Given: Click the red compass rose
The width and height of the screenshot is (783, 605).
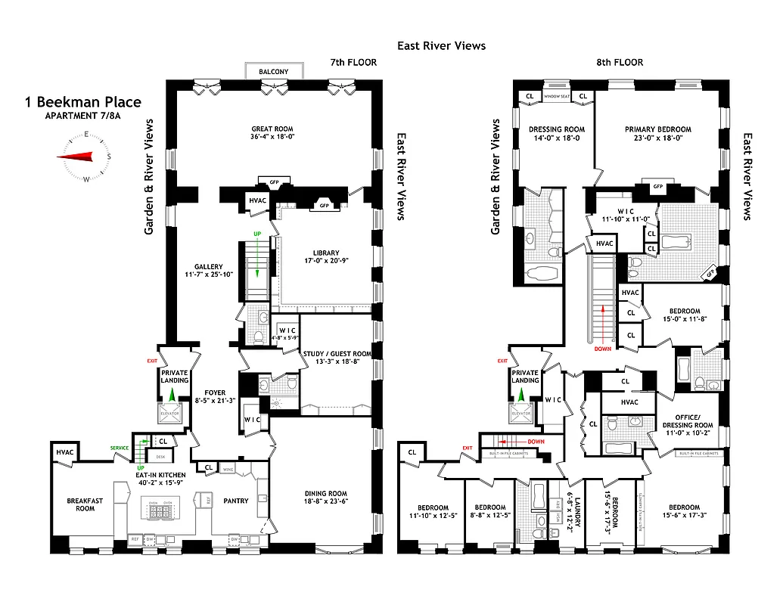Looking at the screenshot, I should (x=84, y=157).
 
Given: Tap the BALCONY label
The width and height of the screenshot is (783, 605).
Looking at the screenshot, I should (x=273, y=72).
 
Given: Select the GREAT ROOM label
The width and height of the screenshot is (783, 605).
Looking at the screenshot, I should (x=273, y=129).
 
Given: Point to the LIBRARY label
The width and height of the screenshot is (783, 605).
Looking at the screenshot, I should (x=325, y=253).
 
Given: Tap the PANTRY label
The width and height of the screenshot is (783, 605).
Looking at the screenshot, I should (x=236, y=501).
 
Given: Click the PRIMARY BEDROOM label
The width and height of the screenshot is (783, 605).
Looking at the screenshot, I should (x=657, y=129).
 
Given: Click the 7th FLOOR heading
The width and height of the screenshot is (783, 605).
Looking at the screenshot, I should (x=353, y=62).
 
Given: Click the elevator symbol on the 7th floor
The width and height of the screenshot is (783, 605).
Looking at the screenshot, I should (x=170, y=413).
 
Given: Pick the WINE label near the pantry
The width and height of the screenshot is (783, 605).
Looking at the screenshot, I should (x=228, y=470).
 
